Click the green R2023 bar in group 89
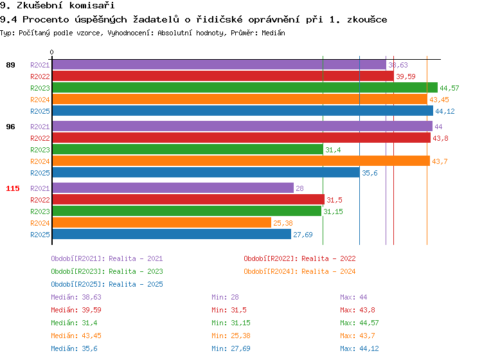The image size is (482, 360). tap(244, 88)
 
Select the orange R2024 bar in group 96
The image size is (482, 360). tap(240, 161)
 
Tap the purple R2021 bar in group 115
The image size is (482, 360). tap(172, 188)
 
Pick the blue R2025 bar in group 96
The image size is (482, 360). tap(206, 173)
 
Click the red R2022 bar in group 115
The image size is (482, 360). tap(188, 200)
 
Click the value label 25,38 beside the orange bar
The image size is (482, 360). tap(283, 223)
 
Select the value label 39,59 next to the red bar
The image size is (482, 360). tap(406, 76)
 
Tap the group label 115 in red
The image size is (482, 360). tap(13, 188)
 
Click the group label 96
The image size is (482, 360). tap(11, 127)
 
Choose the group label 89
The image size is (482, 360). tap(11, 65)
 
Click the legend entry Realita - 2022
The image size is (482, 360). tap(299, 258)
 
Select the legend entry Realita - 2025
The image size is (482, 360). tap(107, 284)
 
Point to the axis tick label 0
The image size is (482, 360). tap(52, 53)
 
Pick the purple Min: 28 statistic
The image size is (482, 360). tap(225, 297)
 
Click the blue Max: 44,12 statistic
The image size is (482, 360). tap(360, 348)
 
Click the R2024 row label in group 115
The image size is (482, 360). tap(40, 223)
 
